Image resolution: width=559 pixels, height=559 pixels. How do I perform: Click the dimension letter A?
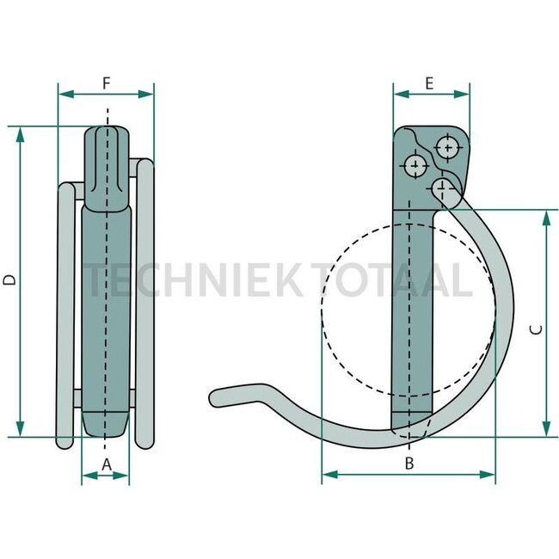point(106,464)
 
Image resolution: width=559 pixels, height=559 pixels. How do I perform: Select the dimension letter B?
point(409,464)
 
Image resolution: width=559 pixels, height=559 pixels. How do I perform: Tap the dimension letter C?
point(534,329)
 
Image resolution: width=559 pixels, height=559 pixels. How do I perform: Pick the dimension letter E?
point(430,83)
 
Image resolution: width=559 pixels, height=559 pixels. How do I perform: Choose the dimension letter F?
point(106,83)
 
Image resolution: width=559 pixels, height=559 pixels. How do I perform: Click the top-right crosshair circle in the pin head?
point(448,147)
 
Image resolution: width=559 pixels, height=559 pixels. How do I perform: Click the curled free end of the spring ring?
point(220,396)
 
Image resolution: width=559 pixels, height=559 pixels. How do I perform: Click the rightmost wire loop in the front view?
point(146,301)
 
